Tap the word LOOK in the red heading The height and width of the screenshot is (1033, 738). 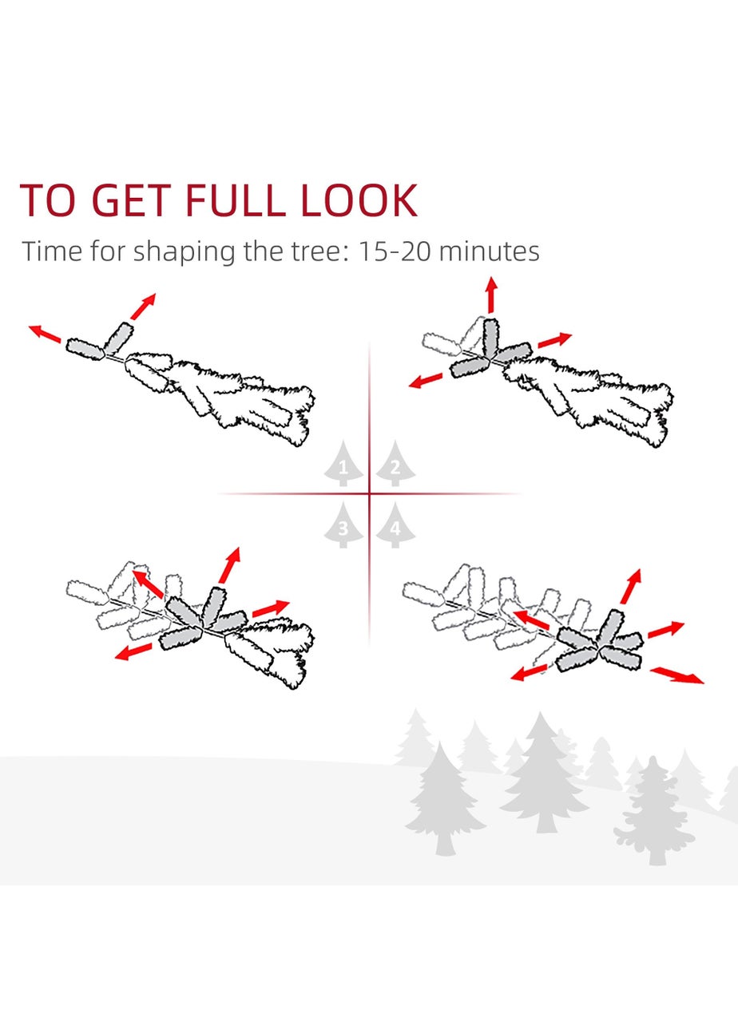[359, 200]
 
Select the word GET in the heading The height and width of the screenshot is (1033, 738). [132, 200]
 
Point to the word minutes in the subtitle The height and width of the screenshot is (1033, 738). [489, 251]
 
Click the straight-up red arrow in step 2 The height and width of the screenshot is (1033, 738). [492, 295]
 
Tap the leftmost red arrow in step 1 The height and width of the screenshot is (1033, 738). [45, 334]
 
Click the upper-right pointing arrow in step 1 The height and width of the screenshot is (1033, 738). [143, 306]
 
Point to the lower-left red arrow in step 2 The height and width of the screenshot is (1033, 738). [425, 381]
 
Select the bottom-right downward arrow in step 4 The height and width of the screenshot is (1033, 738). [677, 675]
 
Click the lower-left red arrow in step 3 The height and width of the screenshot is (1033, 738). [133, 651]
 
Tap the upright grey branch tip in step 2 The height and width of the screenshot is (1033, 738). [490, 338]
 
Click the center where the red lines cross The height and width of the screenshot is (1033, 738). [369, 493]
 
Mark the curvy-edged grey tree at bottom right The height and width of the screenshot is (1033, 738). [653, 811]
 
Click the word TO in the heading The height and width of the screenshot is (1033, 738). [47, 200]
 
